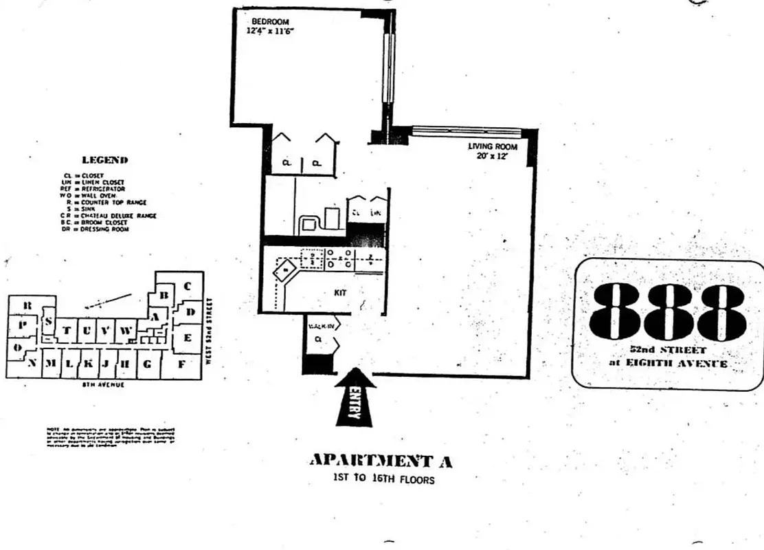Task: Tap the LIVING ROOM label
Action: click(x=492, y=146)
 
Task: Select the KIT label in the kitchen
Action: click(x=340, y=292)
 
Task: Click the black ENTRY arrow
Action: click(x=354, y=397)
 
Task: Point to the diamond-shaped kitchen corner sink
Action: click(x=281, y=272)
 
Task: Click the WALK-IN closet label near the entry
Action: click(x=320, y=326)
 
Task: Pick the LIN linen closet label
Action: click(x=375, y=214)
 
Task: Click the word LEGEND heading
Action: click(x=105, y=160)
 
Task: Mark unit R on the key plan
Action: click(x=27, y=305)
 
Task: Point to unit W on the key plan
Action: click(x=125, y=331)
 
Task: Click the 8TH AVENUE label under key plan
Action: click(x=103, y=384)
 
